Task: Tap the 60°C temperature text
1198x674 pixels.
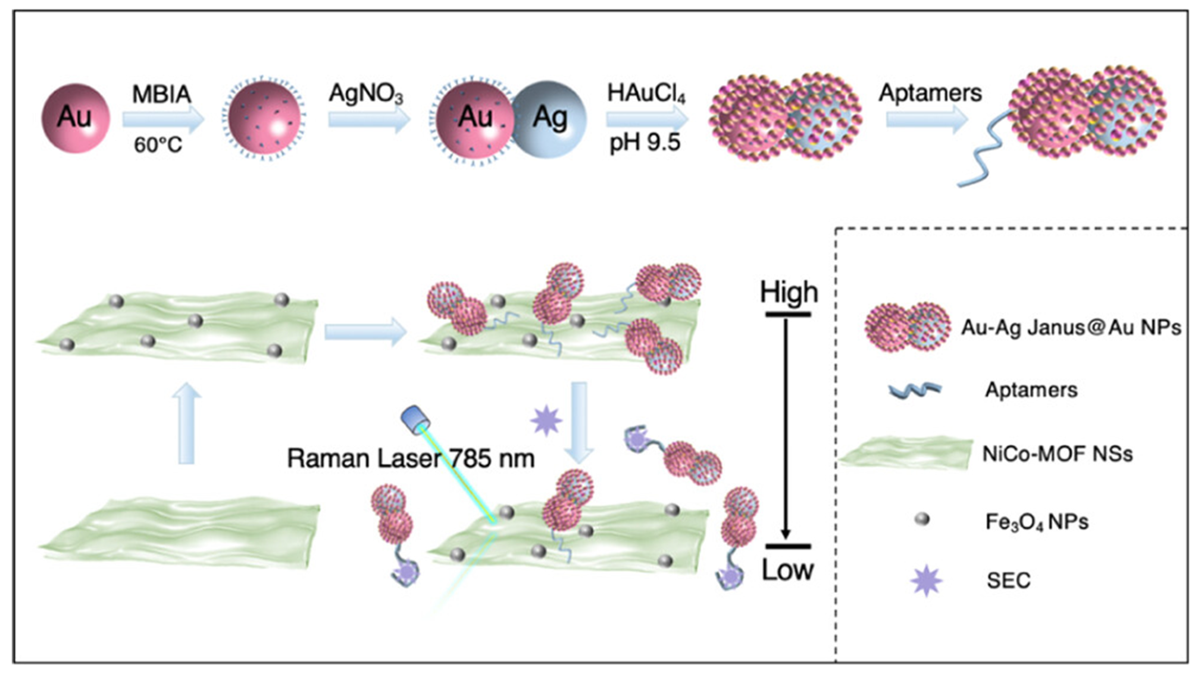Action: (x=158, y=145)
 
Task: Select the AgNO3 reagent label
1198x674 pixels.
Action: (x=366, y=93)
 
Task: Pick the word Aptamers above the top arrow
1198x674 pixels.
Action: (x=930, y=93)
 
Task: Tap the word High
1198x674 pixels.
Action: (x=789, y=292)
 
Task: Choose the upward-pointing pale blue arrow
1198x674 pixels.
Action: (x=187, y=423)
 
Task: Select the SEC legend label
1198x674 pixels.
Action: (x=1008, y=580)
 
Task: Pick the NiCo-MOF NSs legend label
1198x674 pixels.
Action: (x=1057, y=453)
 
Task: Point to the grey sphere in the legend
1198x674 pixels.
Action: (x=922, y=519)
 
